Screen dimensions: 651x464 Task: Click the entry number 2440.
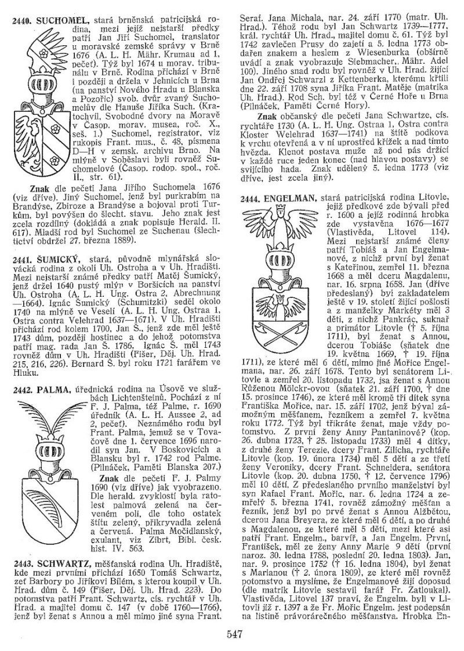(x=22, y=20)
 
